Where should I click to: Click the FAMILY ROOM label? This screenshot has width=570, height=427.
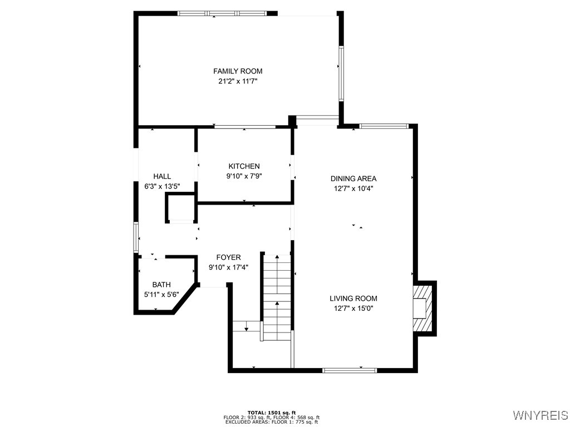[238, 71]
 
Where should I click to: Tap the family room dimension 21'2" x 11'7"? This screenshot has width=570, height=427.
[238, 81]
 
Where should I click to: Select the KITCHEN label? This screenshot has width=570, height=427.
[244, 166]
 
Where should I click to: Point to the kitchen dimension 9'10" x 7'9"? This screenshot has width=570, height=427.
[244, 176]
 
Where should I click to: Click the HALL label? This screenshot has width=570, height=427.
[162, 176]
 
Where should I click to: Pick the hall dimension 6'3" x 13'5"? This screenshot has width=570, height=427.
[162, 186]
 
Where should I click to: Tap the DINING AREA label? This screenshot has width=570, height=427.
[353, 178]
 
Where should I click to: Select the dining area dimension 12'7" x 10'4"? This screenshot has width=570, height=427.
[353, 188]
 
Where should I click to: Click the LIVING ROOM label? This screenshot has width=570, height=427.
[353, 298]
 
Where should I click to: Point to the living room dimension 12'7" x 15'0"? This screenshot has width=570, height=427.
[353, 308]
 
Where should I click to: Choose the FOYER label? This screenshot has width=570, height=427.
[228, 257]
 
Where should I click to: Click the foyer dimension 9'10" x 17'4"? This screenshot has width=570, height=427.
[228, 267]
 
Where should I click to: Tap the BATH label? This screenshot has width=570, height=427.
[162, 285]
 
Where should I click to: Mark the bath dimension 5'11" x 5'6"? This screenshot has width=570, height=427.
[162, 294]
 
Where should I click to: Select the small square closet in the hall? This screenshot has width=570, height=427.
[181, 208]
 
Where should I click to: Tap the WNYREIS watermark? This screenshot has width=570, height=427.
[540, 415]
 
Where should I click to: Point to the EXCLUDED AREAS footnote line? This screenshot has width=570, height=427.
[272, 422]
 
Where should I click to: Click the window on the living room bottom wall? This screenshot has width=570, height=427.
[350, 370]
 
